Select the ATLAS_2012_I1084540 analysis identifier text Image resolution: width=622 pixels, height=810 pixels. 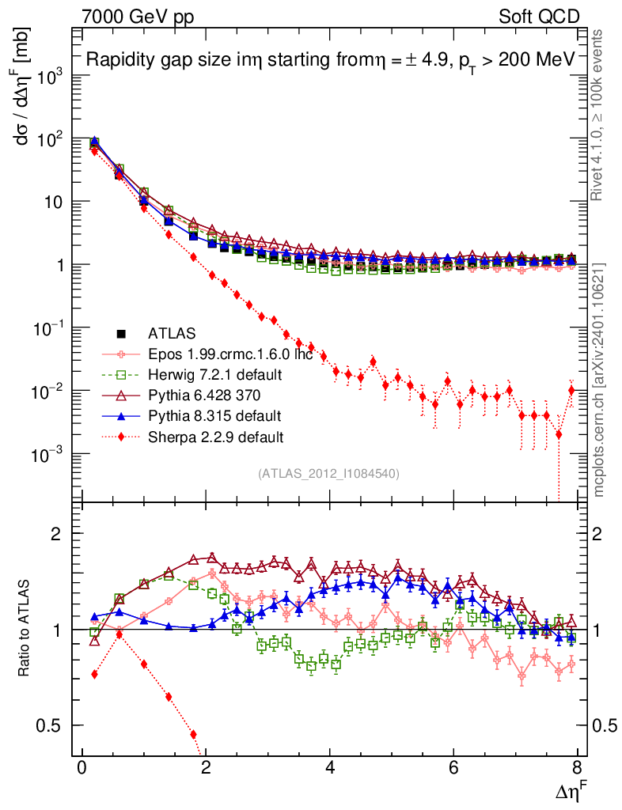click(x=328, y=474)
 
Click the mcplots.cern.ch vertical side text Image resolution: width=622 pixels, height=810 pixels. click(x=600, y=380)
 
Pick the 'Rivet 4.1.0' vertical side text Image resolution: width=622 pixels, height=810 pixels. click(x=599, y=119)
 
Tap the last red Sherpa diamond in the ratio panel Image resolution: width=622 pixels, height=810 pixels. click(x=193, y=734)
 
